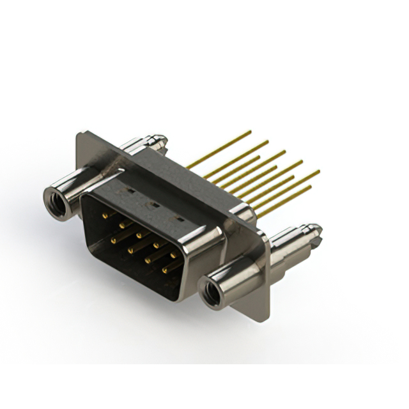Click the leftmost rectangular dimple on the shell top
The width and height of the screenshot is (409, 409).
click(x=129, y=190)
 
